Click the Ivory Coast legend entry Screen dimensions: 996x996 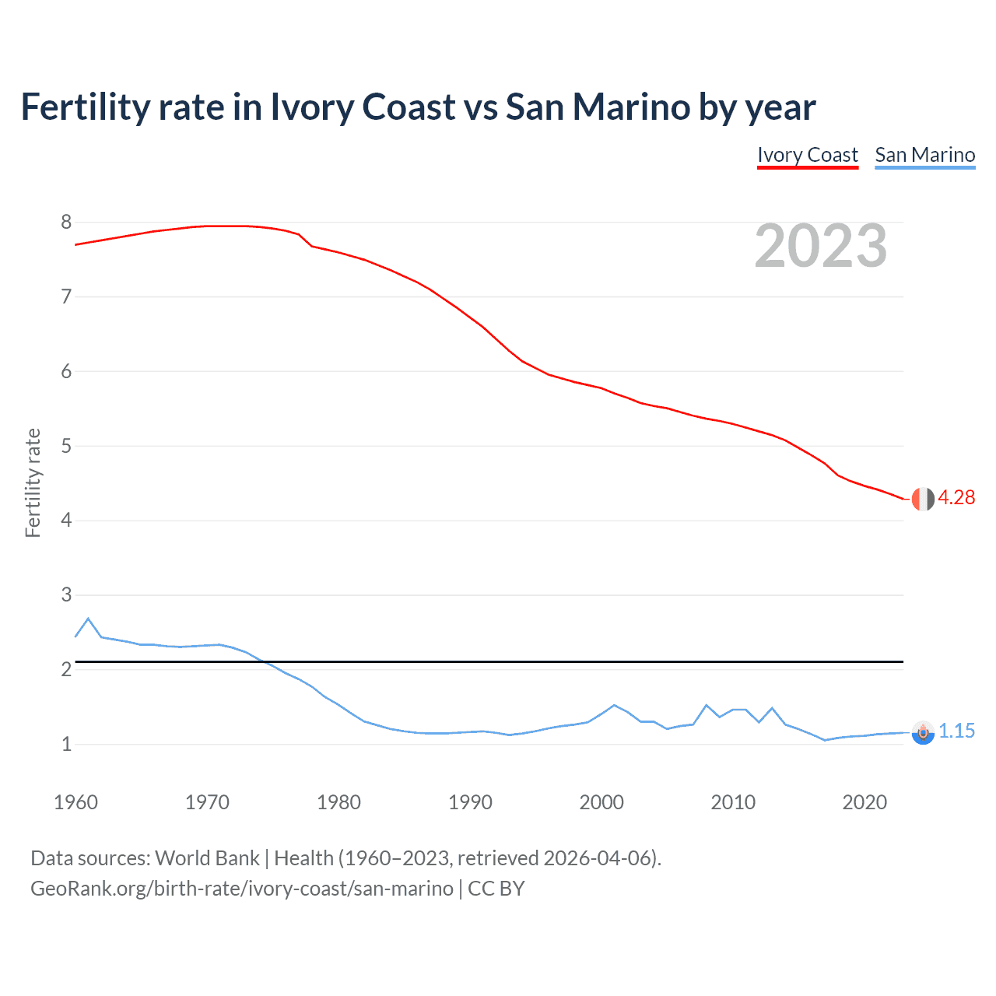(808, 155)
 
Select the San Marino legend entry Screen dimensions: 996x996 (924, 155)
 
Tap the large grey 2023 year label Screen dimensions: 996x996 (821, 246)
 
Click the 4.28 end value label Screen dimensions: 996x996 (956, 498)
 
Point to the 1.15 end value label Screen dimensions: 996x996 (956, 731)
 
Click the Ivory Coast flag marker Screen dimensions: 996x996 (923, 499)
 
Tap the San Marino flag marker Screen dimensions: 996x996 (923, 732)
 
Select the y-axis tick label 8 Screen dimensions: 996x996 (66, 223)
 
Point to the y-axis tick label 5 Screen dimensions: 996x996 (66, 446)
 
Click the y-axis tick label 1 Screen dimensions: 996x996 (66, 744)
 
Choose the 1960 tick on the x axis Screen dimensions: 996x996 (75, 802)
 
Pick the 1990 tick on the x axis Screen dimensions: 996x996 (470, 802)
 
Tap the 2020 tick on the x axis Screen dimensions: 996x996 (864, 802)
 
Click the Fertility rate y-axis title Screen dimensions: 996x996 (33, 482)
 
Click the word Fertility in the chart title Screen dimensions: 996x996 (84, 107)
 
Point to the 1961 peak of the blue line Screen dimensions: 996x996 (88, 619)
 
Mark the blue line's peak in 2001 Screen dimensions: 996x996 (615, 705)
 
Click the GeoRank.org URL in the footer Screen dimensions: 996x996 (242, 889)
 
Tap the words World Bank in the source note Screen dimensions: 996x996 (207, 858)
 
